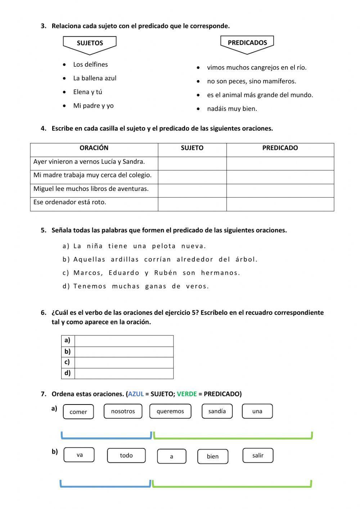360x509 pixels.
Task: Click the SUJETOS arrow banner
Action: point(90,43)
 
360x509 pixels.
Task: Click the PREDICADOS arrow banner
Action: point(247,43)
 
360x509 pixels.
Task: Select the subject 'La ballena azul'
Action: point(94,78)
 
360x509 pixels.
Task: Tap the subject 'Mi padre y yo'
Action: point(93,106)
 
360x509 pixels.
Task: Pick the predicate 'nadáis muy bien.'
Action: point(232,109)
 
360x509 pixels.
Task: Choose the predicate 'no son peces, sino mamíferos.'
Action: point(251,81)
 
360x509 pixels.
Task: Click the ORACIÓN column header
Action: point(94,148)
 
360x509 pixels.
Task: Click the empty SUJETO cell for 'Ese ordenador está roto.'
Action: point(192,204)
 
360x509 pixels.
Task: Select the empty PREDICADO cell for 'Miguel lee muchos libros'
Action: point(280,191)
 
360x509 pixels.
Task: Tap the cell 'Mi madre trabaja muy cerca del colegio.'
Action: point(93,175)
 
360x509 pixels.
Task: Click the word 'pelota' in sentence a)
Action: point(164,246)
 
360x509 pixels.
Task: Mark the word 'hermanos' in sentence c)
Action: point(220,273)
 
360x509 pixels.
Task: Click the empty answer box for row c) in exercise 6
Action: point(123,362)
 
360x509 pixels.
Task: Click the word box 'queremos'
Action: point(170,411)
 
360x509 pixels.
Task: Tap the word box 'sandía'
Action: point(217,411)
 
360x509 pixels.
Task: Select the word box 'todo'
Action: point(126,456)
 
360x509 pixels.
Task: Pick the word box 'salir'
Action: point(258,456)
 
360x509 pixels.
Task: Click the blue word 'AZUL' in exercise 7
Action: point(136,394)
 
